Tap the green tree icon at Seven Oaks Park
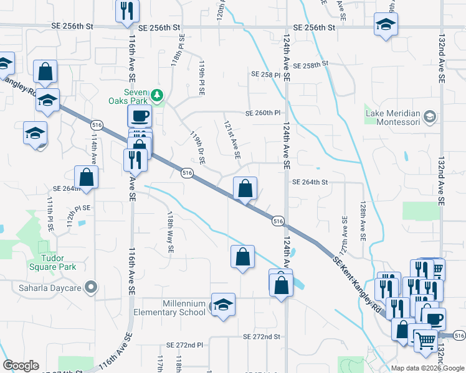pyautogui.click(x=158, y=95)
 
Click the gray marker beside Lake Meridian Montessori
pyautogui.click(x=429, y=116)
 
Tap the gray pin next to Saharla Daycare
pyautogui.click(x=92, y=287)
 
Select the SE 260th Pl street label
pyautogui.click(x=263, y=113)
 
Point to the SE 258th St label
pyautogui.click(x=307, y=65)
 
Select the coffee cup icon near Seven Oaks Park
pyautogui.click(x=139, y=116)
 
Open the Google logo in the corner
pyautogui.click(x=21, y=366)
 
